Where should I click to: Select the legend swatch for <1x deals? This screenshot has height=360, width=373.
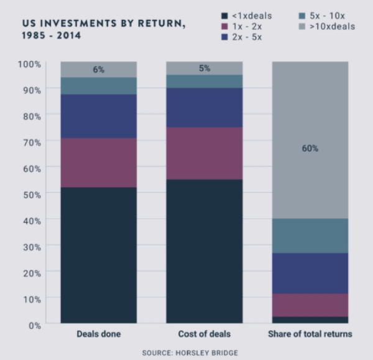[224, 15]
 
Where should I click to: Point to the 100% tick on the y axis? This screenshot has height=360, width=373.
[29, 64]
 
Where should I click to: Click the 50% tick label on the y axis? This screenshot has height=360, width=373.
[29, 194]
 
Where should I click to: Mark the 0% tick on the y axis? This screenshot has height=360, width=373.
[33, 325]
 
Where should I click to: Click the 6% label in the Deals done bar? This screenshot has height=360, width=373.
[98, 70]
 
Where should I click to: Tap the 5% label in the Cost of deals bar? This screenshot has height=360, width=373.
[205, 68]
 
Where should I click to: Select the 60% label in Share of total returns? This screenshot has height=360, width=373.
[310, 148]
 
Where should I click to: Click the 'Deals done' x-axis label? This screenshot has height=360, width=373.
[98, 334]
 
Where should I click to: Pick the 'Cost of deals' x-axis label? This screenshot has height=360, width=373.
[205, 334]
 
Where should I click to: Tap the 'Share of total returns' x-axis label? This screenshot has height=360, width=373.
[310, 334]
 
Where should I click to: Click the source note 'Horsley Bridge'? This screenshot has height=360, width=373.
[190, 353]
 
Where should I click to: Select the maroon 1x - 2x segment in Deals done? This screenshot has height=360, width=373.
[98, 162]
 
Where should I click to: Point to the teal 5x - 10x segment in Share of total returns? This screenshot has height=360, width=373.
[310, 236]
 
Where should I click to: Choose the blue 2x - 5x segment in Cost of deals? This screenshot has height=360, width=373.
[205, 107]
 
